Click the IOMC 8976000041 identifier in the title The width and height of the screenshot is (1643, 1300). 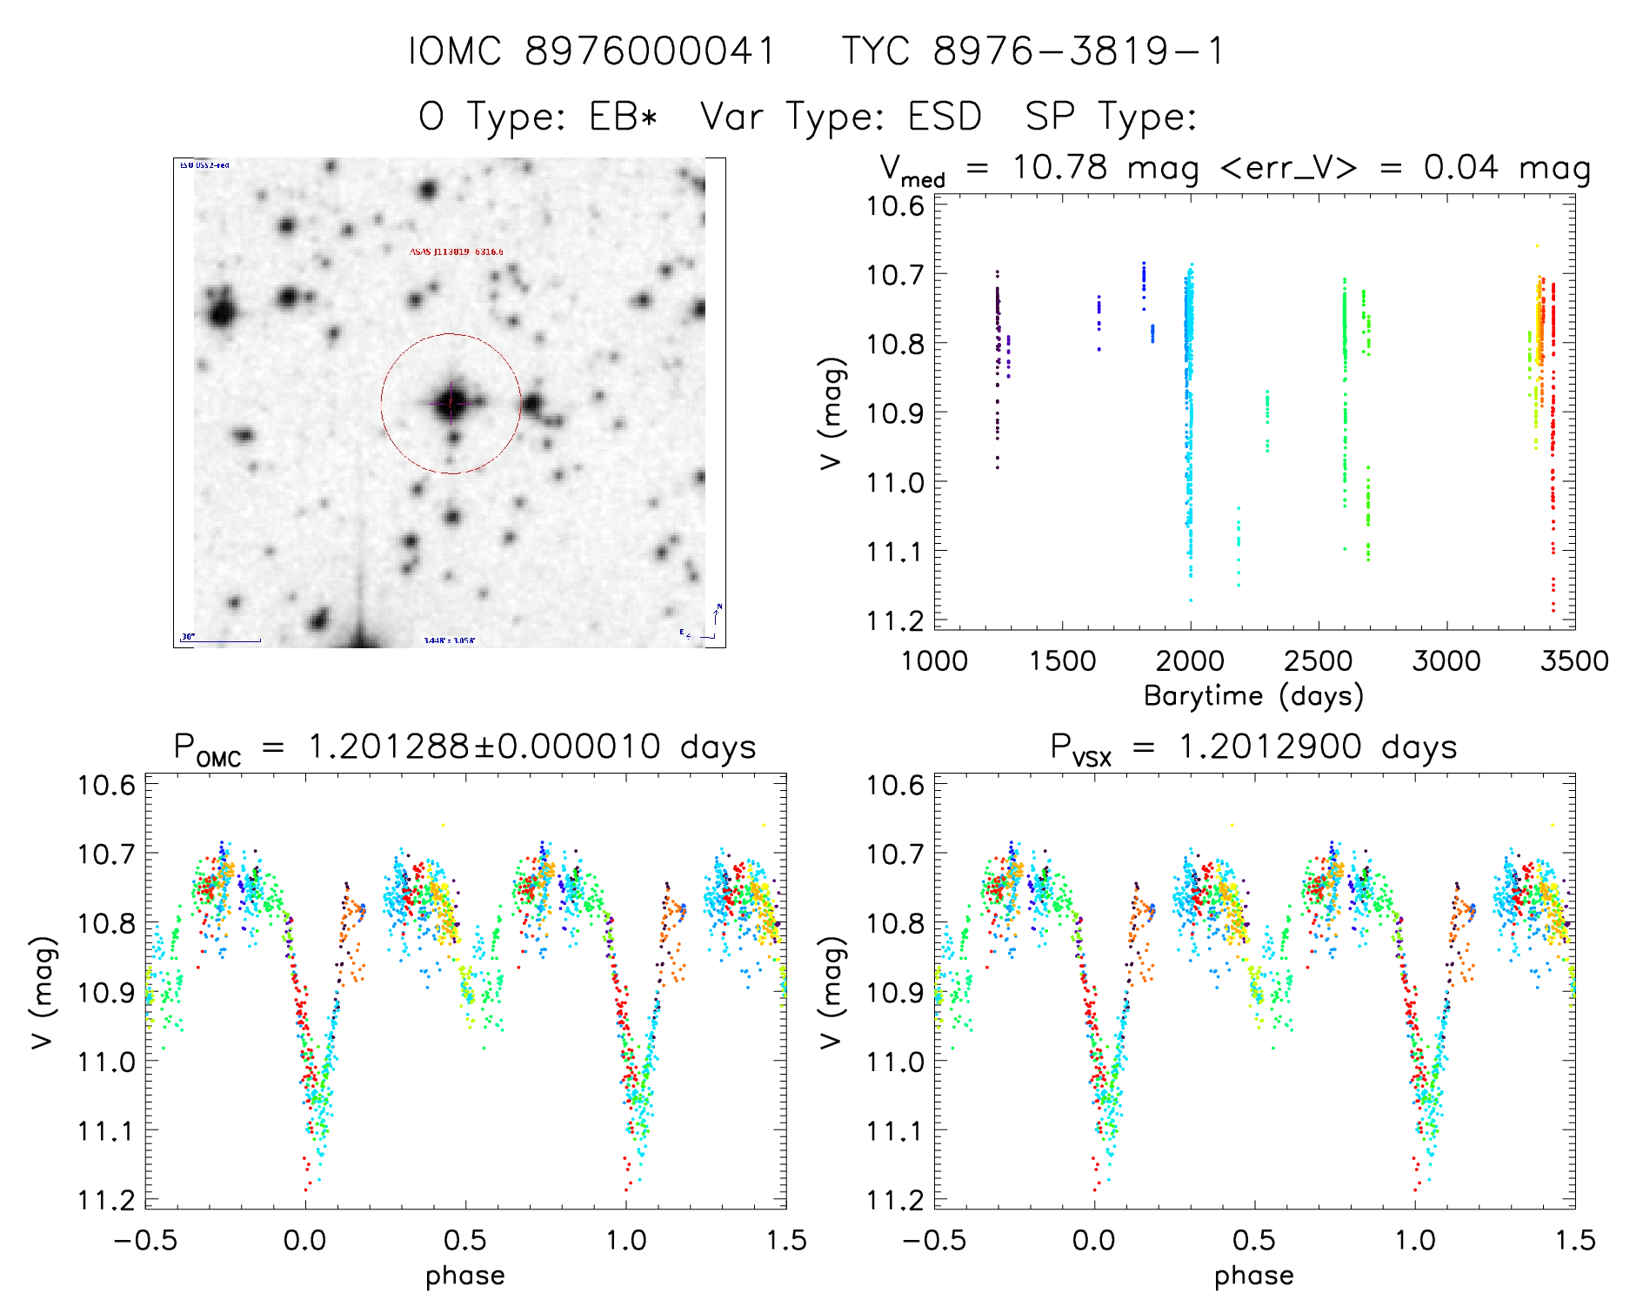point(591,51)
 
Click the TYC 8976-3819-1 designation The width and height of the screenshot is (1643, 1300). point(1033,51)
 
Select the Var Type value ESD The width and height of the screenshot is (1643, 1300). point(945,117)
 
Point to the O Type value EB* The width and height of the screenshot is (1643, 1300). point(624,117)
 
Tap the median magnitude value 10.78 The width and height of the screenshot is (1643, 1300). point(1059,167)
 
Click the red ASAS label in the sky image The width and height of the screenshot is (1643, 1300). point(456,252)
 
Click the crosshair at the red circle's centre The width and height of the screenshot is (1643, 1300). point(451,403)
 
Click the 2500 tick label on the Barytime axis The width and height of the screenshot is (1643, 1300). point(1318,660)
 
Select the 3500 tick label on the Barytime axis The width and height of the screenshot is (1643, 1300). point(1574,660)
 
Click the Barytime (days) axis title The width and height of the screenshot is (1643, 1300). point(1253,696)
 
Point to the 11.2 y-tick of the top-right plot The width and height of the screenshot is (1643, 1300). point(895,620)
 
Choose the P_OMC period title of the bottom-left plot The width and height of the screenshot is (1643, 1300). point(464,747)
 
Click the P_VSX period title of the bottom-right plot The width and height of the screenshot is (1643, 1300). point(1253,747)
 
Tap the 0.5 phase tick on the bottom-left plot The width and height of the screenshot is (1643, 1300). point(465,1240)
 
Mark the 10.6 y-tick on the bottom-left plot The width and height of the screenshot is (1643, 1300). point(107,785)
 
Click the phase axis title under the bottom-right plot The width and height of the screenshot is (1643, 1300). point(1253,1276)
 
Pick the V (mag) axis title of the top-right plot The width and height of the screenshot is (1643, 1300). point(832,412)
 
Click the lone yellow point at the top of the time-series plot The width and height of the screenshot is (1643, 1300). point(1537,246)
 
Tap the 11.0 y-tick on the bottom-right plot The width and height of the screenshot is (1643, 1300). point(895,1062)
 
